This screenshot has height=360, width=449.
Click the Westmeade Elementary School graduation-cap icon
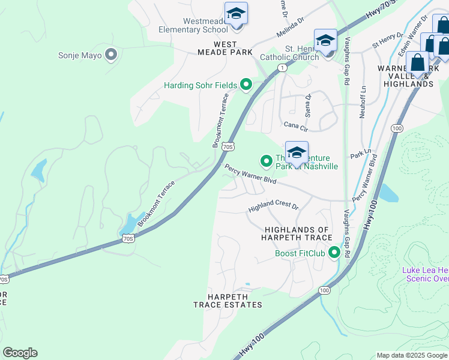(x=236, y=14)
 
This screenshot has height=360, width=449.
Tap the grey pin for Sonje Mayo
(x=110, y=55)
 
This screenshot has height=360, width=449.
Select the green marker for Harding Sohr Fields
(x=246, y=85)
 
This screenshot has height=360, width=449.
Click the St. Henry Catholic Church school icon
(x=325, y=41)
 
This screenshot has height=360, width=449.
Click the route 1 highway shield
(x=282, y=68)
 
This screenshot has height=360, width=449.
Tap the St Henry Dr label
(x=385, y=42)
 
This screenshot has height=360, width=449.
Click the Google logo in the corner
(x=20, y=353)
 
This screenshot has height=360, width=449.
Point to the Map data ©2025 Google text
(x=412, y=355)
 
